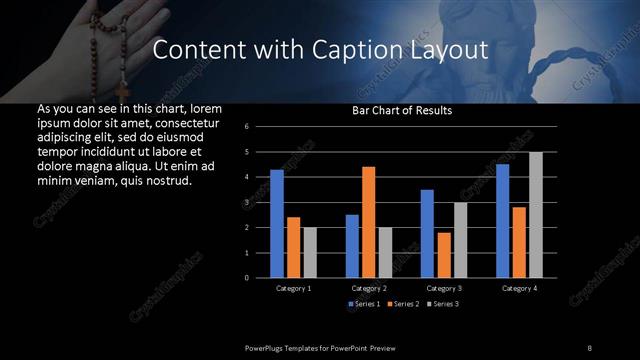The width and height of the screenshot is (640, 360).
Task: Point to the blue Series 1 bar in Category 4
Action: tap(502, 220)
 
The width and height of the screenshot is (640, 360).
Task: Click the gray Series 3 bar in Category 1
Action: tap(310, 252)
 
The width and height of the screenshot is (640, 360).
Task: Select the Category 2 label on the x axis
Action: tap(369, 288)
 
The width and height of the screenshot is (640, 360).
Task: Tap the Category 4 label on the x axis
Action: tap(519, 288)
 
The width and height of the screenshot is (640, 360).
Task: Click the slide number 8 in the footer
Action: tap(589, 347)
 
